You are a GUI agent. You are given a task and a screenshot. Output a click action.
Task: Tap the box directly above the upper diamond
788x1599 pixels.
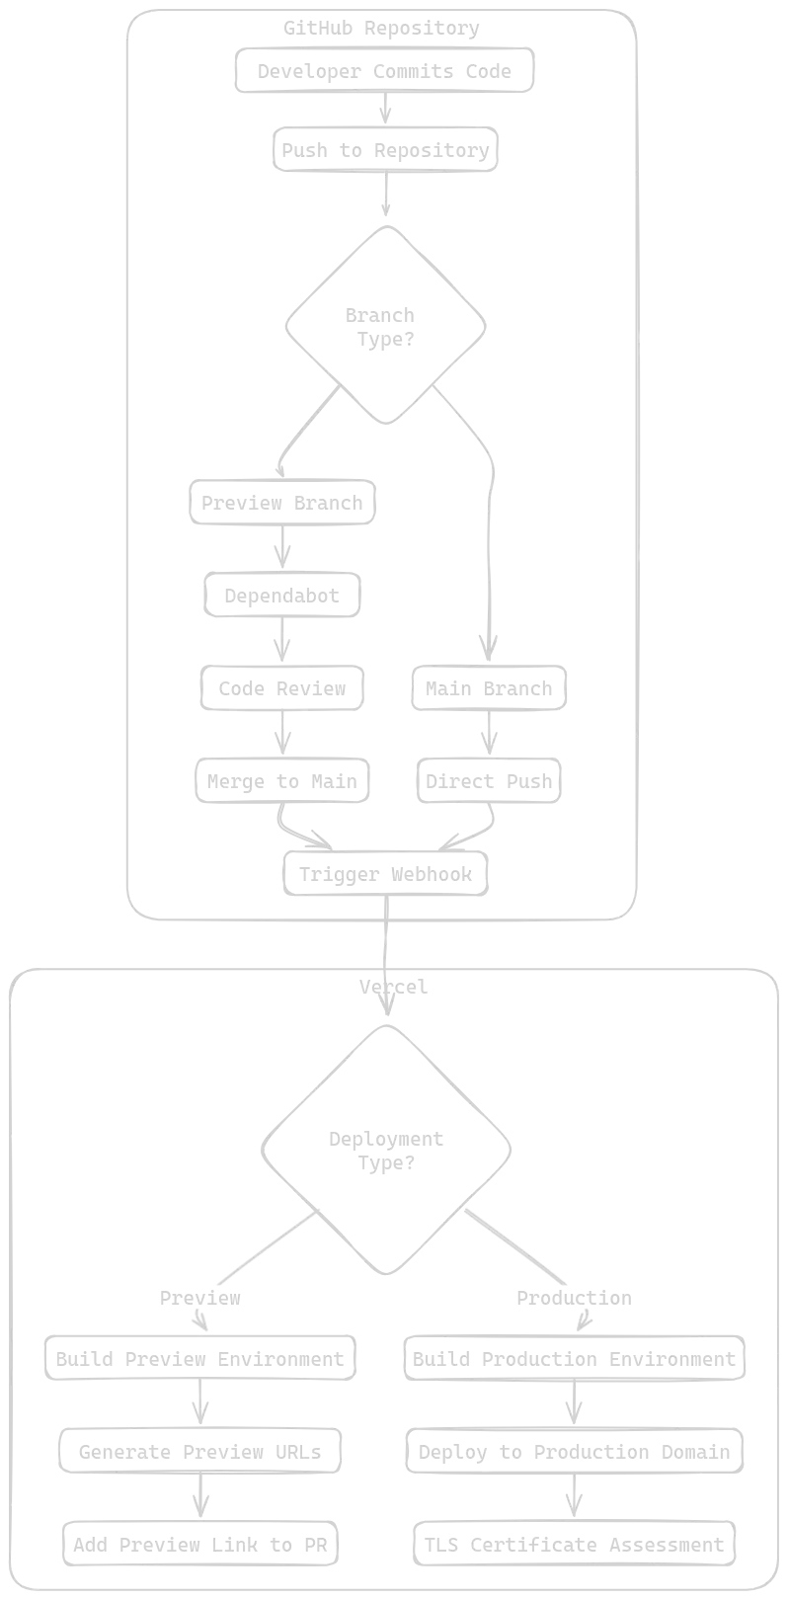coord(386,149)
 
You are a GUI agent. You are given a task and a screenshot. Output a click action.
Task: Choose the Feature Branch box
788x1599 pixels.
coord(280,503)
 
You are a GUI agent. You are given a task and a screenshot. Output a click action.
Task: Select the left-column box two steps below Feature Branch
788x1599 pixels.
coord(283,686)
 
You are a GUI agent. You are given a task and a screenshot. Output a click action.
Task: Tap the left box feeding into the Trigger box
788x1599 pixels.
coord(283,780)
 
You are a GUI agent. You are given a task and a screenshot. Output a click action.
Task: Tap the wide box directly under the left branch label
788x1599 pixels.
coord(201,1357)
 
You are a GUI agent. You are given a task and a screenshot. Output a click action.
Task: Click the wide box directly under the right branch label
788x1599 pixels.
coord(575,1357)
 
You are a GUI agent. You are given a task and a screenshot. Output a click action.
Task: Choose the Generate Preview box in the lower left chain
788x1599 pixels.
coord(201,1450)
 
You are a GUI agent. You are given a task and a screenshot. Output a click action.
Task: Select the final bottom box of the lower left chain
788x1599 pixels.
coord(201,1544)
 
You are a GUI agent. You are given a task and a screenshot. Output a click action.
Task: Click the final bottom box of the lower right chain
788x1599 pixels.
coord(575,1544)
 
